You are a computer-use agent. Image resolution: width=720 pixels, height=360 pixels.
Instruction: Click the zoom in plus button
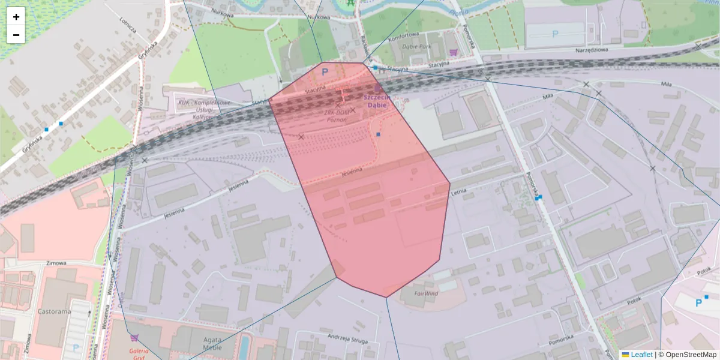[16, 17]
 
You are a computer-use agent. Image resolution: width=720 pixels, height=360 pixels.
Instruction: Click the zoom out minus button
[16, 35]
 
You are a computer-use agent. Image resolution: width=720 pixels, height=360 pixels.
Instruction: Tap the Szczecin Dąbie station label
[377, 101]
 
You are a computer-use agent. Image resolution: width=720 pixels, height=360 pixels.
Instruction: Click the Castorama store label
[55, 312]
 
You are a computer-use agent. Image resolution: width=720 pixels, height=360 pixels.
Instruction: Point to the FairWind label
[427, 294]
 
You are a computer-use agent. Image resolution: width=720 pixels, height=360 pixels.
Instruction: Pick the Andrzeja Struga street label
[346, 340]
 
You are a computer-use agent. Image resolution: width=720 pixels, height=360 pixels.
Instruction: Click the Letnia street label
[459, 193]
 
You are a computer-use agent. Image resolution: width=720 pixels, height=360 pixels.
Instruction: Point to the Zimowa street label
[55, 263]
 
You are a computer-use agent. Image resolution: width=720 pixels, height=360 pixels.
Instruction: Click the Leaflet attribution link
[641, 355]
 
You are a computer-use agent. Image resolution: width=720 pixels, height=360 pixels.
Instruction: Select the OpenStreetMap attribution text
[687, 355]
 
